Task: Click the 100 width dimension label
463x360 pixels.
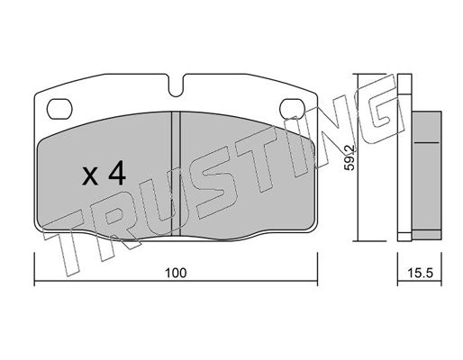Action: (x=176, y=273)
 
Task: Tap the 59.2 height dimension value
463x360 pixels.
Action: (x=350, y=157)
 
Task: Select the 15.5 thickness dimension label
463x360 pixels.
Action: (x=421, y=273)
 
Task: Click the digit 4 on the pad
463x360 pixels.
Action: (x=117, y=173)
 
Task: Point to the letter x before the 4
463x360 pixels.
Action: (x=90, y=176)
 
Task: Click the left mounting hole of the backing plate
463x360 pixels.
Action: (x=59, y=109)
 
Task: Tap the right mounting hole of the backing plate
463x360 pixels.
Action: (x=292, y=109)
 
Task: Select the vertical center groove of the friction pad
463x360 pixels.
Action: (x=176, y=174)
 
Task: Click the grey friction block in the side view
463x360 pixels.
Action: (x=426, y=175)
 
